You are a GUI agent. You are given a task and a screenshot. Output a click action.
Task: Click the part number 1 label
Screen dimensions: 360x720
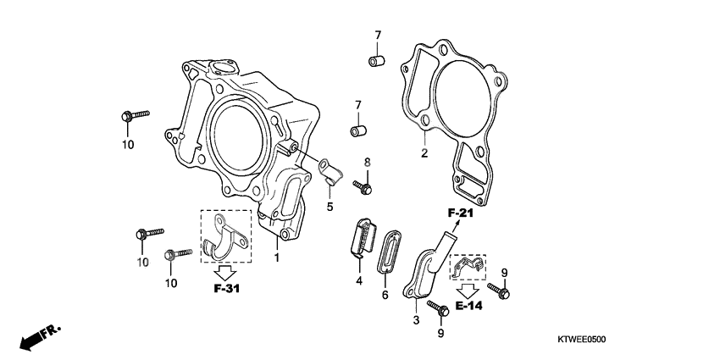pyautogui.click(x=275, y=255)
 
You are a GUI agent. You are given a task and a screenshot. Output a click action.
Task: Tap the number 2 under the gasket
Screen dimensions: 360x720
pyautogui.click(x=424, y=153)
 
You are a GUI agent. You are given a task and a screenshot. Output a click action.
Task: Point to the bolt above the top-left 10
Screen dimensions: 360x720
pyautogui.click(x=135, y=114)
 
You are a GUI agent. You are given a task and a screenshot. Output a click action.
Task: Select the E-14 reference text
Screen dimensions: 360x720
pyautogui.click(x=468, y=305)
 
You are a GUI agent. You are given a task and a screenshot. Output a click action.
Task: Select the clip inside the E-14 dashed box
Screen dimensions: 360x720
pyautogui.click(x=466, y=269)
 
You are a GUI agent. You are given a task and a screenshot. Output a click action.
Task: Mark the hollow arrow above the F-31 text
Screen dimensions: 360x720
pyautogui.click(x=224, y=272)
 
